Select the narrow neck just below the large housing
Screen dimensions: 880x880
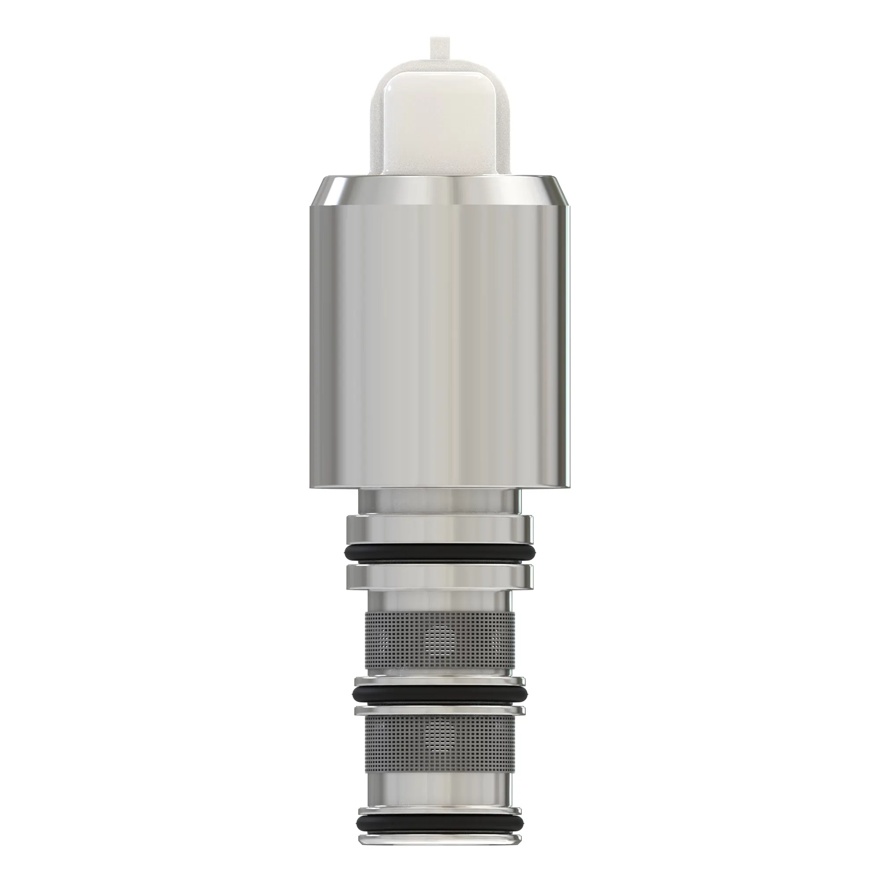click(x=440, y=501)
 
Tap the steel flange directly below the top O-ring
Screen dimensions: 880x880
click(x=440, y=575)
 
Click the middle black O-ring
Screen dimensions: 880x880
click(x=440, y=707)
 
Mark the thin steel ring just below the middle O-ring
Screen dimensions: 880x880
click(x=440, y=720)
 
